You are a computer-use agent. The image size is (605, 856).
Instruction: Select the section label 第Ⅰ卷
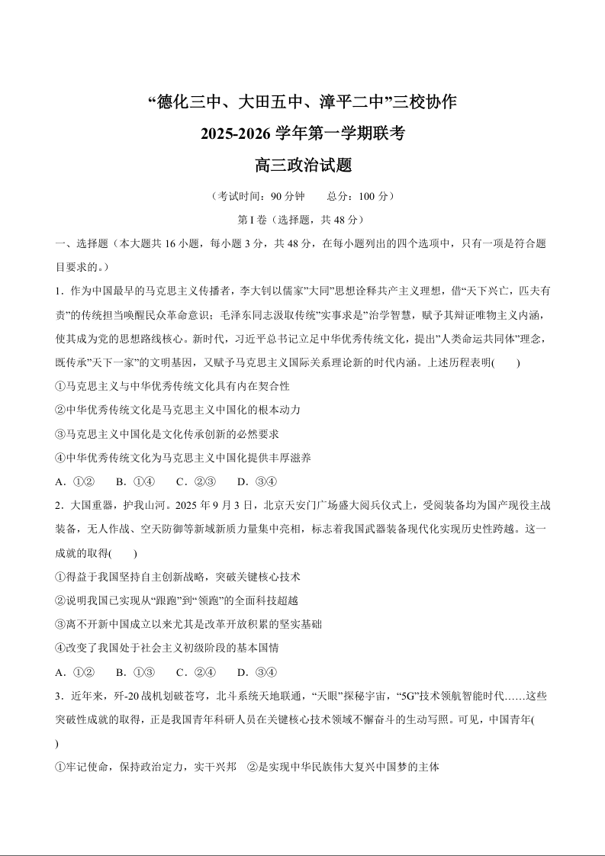(x=253, y=220)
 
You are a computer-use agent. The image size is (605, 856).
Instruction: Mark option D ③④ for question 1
(x=257, y=481)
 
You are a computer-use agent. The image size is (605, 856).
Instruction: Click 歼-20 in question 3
(x=127, y=697)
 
